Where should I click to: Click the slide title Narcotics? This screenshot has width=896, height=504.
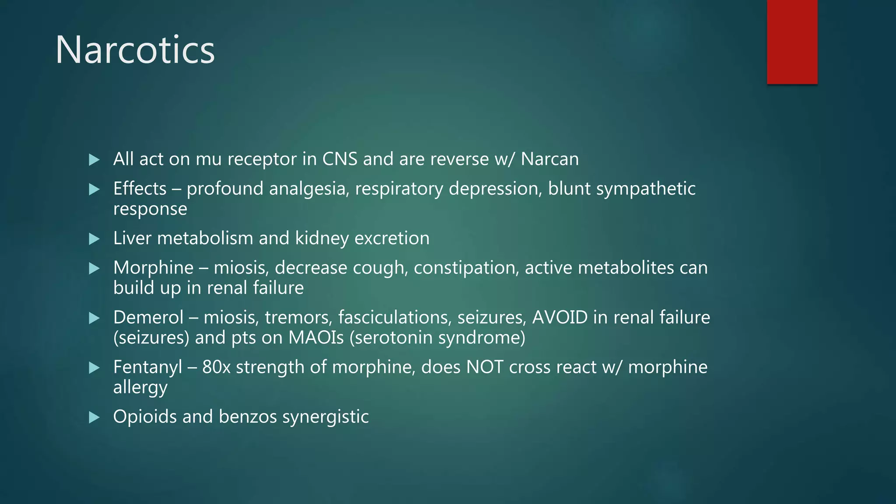click(135, 50)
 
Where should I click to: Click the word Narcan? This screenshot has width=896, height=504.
click(549, 159)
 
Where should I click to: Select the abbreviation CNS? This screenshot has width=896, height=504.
click(340, 159)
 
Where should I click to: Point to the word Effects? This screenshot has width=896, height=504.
click(140, 189)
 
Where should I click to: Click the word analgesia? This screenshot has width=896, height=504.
click(309, 189)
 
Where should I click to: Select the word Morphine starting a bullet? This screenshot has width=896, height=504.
click(153, 268)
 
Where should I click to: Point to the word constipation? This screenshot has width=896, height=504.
click(466, 268)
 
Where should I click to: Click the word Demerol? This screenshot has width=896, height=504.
click(148, 317)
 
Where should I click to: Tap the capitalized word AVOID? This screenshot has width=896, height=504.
click(560, 317)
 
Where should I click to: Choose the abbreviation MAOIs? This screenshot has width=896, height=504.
click(316, 338)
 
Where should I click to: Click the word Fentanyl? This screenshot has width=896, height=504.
click(147, 367)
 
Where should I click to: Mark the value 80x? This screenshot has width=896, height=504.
click(216, 367)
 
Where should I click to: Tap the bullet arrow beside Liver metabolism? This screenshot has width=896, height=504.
click(94, 239)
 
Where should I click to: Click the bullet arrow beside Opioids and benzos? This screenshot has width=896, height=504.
click(94, 417)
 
